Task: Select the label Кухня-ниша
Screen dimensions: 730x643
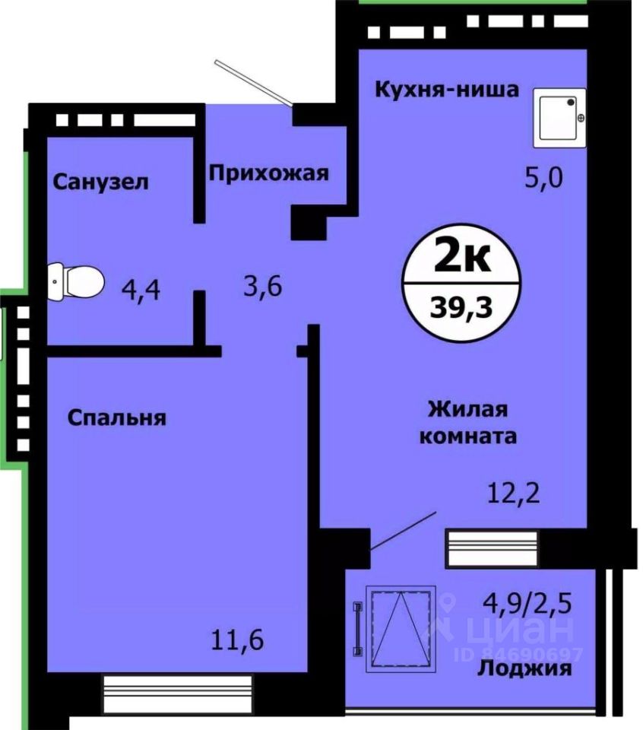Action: pos(447,90)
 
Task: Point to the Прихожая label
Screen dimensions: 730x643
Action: pos(269,173)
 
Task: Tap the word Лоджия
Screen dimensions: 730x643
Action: pos(524,669)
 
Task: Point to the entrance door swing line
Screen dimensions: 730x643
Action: pos(255,81)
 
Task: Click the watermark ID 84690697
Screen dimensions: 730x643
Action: pos(518,653)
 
